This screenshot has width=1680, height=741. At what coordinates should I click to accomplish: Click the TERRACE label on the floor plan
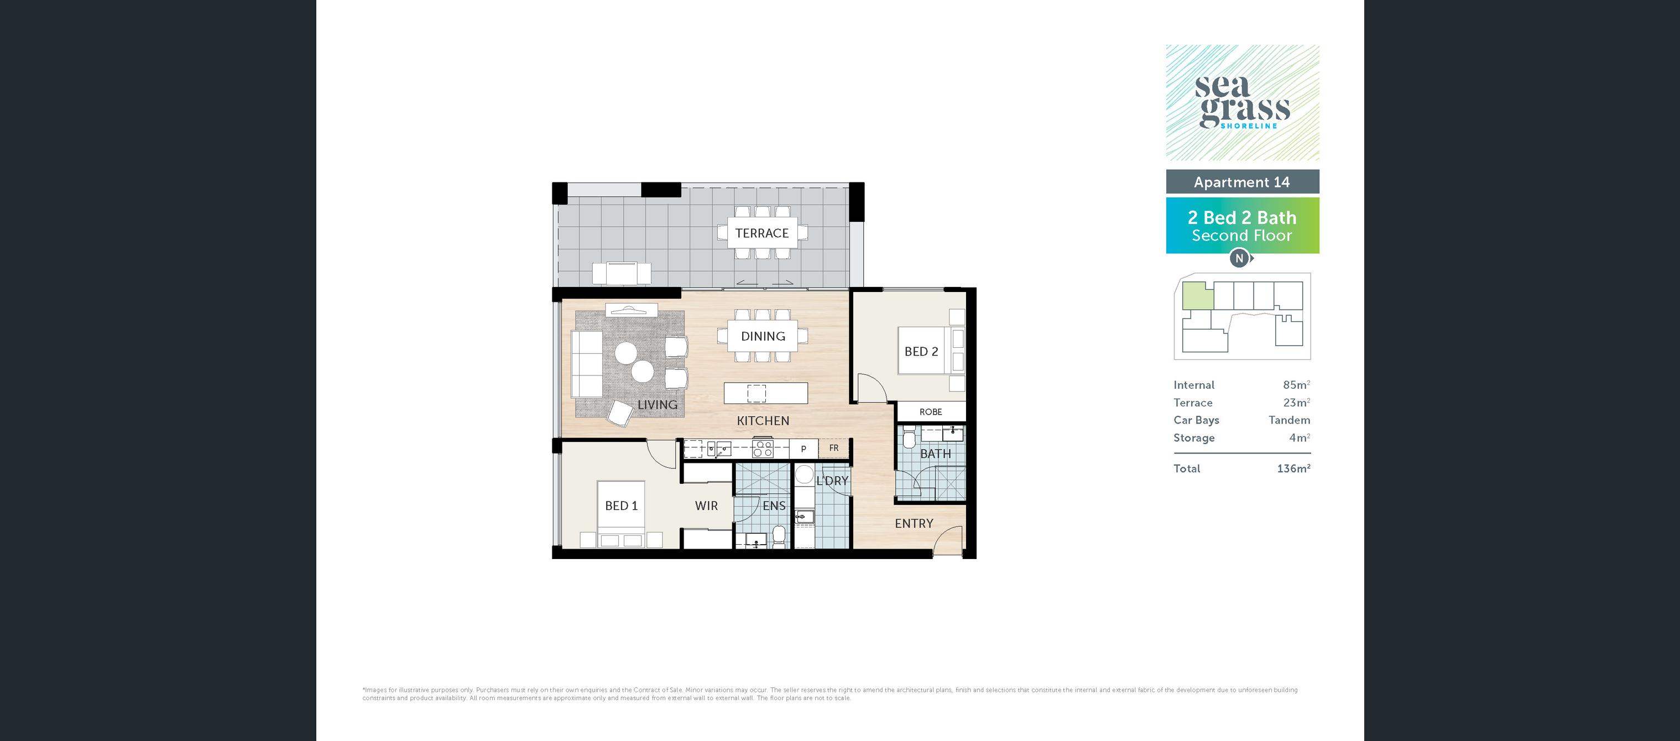[x=761, y=233]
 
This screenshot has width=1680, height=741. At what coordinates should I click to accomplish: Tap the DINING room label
[x=763, y=336]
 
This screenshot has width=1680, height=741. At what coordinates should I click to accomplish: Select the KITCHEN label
[x=763, y=421]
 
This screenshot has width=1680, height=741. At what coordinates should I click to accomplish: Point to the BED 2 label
[x=921, y=352]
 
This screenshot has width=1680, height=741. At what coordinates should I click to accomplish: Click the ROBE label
[x=931, y=411]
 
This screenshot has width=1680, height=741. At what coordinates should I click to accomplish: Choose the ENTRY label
[x=914, y=523]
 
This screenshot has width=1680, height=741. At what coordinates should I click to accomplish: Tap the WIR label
[x=706, y=505]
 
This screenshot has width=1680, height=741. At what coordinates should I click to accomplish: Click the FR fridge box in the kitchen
[x=834, y=448]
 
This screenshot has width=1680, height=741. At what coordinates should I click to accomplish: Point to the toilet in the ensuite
[x=778, y=536]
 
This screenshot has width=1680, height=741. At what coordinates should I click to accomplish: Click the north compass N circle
[x=1240, y=258]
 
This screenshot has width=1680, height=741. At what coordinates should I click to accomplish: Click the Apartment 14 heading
[x=1241, y=182]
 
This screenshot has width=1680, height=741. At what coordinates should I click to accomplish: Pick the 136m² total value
[x=1294, y=468]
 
